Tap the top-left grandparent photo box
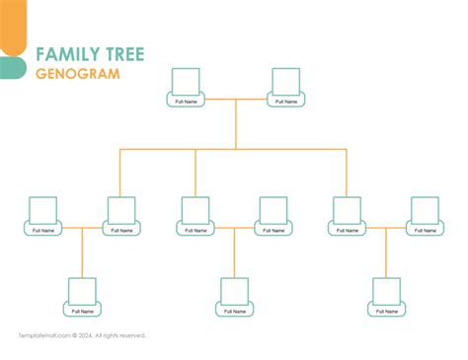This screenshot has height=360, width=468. point(186,81)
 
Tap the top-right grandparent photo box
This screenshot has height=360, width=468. point(286,81)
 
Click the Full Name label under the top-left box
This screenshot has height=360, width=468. point(186,101)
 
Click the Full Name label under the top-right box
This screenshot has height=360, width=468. point(286,101)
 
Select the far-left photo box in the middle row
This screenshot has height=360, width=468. point(43,210)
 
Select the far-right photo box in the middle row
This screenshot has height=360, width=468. point(425,210)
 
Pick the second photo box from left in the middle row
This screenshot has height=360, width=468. point(120,210)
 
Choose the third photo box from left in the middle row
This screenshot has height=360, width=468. point(195,210)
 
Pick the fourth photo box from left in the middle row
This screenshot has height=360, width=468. point(273,210)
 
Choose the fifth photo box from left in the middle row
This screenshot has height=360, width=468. point(348,210)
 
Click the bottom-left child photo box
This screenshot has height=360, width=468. point(82,291)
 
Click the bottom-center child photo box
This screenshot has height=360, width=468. point(234,291)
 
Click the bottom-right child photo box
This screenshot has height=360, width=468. point(386,291)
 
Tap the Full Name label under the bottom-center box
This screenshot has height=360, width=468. point(234,311)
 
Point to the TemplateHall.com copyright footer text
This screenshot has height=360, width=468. point(82,336)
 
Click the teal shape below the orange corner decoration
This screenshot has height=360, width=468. point(11,67)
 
